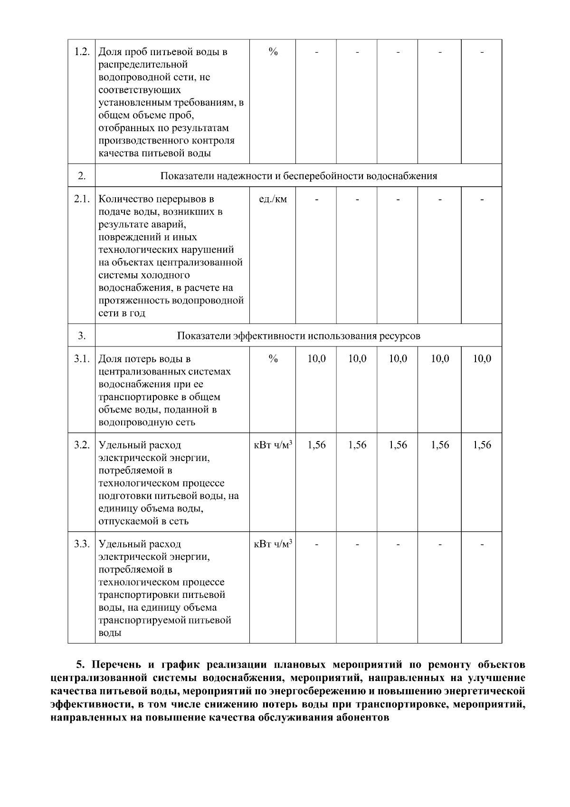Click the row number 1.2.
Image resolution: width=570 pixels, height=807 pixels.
[x=82, y=51]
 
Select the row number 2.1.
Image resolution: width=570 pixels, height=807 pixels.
[x=82, y=199]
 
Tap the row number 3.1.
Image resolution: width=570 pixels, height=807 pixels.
[x=82, y=359]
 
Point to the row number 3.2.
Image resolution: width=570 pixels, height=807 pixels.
[x=82, y=445]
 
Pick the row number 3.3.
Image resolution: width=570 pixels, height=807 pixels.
[x=82, y=544]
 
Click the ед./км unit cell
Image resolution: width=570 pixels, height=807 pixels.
[x=273, y=199]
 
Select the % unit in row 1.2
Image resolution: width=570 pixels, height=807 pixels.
[x=273, y=51]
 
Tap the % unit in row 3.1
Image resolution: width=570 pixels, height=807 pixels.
[x=273, y=359]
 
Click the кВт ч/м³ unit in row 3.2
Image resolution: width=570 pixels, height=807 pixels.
[x=273, y=445]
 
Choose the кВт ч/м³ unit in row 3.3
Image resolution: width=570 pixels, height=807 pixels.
[x=273, y=544]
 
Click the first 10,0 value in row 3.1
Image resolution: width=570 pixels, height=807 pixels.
[x=316, y=359]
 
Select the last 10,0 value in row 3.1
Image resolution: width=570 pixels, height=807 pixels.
[x=482, y=359]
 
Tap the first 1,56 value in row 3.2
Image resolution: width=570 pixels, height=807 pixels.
[x=316, y=445]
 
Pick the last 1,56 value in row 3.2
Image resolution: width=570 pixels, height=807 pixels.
[x=482, y=445]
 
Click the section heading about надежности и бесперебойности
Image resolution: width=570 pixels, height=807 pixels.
[x=298, y=176]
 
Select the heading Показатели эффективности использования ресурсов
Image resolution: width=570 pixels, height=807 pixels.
[x=298, y=336]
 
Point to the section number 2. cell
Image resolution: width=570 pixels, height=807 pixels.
[x=82, y=176]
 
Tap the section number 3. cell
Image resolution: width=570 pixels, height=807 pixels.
[x=82, y=336]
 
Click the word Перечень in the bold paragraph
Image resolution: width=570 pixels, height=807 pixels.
[x=114, y=664]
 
